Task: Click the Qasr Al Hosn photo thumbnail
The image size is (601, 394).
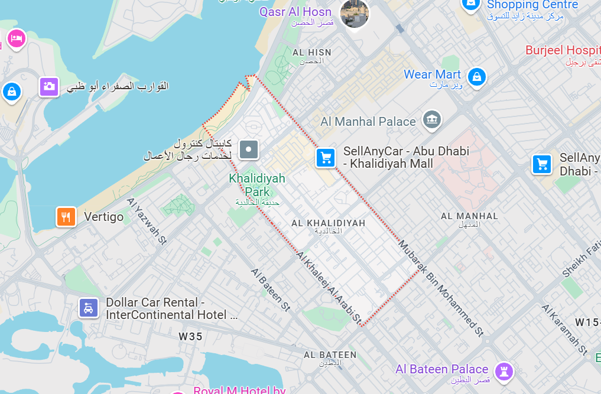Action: (x=355, y=13)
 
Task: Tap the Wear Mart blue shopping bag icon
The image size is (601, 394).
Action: (x=476, y=76)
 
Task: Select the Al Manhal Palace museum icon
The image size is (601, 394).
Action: (x=433, y=121)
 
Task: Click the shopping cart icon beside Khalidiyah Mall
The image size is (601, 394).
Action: (x=326, y=158)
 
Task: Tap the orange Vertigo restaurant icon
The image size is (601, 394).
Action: (x=66, y=217)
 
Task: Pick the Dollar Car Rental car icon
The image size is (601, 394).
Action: (x=89, y=308)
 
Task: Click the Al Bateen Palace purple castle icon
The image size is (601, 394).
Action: (x=505, y=370)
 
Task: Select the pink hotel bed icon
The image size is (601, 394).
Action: (x=15, y=39)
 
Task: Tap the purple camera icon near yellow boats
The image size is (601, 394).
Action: (x=49, y=87)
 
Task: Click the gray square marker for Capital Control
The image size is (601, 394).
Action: (x=249, y=149)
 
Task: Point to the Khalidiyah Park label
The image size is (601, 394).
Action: (x=257, y=184)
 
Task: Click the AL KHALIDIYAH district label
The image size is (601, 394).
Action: (x=328, y=223)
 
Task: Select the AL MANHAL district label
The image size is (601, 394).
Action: (x=469, y=217)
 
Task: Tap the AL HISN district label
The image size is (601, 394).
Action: (x=311, y=53)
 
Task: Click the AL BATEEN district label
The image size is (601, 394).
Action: (x=330, y=355)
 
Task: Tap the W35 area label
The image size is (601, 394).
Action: (x=190, y=337)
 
